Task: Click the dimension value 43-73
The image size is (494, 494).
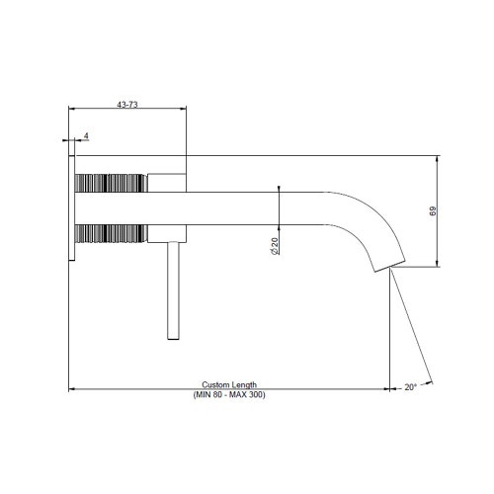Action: [127, 103]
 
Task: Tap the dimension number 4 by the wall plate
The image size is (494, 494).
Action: [87, 135]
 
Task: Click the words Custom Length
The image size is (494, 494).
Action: [229, 384]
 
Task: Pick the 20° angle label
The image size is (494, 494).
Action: [410, 387]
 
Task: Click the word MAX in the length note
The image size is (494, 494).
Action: [238, 394]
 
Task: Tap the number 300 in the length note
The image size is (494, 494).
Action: [256, 394]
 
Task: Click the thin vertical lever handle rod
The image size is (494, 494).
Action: [172, 290]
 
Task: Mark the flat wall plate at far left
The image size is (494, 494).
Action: [71, 206]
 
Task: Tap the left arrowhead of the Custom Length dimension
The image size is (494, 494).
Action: [72, 388]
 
